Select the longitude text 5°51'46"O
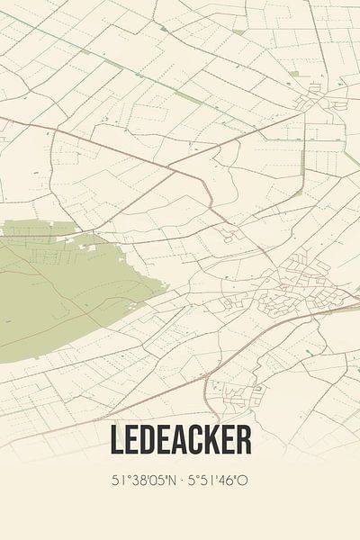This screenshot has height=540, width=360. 216,481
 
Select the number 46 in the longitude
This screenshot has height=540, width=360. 228,481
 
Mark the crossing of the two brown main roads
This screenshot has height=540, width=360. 168,166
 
